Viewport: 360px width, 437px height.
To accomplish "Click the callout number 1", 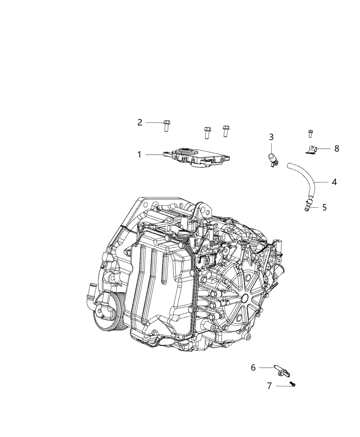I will click(x=139, y=155).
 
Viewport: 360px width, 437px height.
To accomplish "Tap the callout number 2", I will click(x=140, y=122).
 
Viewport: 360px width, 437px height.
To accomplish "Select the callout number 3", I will click(x=271, y=137).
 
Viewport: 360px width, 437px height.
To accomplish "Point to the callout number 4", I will click(x=334, y=182).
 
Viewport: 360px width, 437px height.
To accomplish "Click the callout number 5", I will click(x=324, y=207).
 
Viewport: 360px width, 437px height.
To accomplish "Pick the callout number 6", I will click(x=253, y=367).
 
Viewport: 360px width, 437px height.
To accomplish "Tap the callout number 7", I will click(x=269, y=386).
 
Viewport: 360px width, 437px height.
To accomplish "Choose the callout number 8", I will click(x=337, y=148).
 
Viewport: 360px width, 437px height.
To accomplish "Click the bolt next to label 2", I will click(x=167, y=126).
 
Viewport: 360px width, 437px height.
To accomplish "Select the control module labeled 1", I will click(x=197, y=158).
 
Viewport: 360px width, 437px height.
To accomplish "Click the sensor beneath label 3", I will click(x=273, y=160).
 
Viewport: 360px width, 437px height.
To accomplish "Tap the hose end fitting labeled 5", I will click(x=307, y=205).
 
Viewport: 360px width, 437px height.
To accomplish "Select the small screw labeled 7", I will click(x=292, y=384).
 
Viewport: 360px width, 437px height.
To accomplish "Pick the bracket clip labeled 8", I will click(x=311, y=150).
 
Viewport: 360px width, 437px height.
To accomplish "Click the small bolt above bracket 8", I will click(x=310, y=133).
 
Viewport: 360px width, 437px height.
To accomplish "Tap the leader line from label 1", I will click(x=154, y=155).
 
